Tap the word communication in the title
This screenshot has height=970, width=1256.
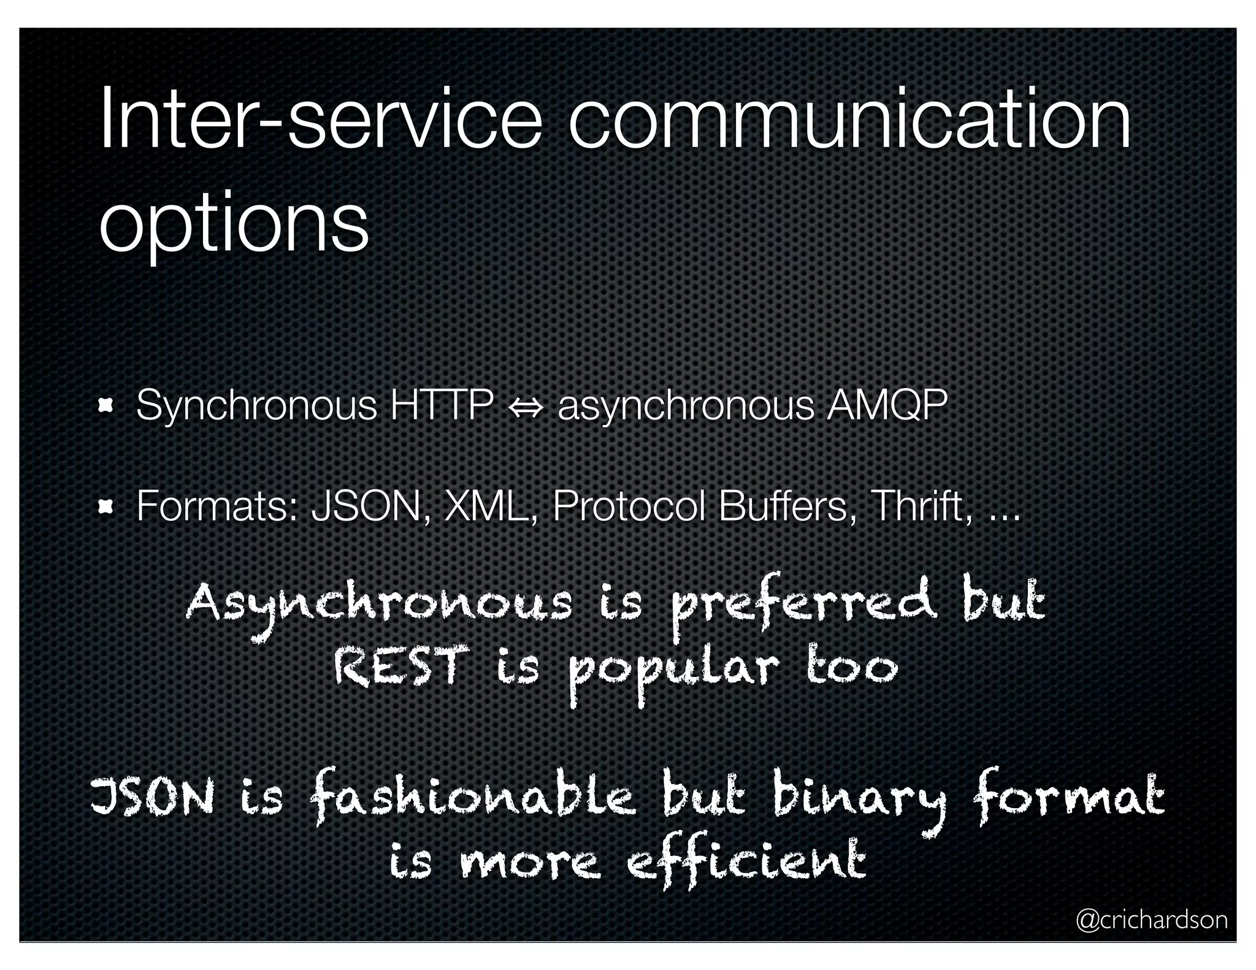click(849, 118)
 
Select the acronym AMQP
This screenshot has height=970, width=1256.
click(886, 405)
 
